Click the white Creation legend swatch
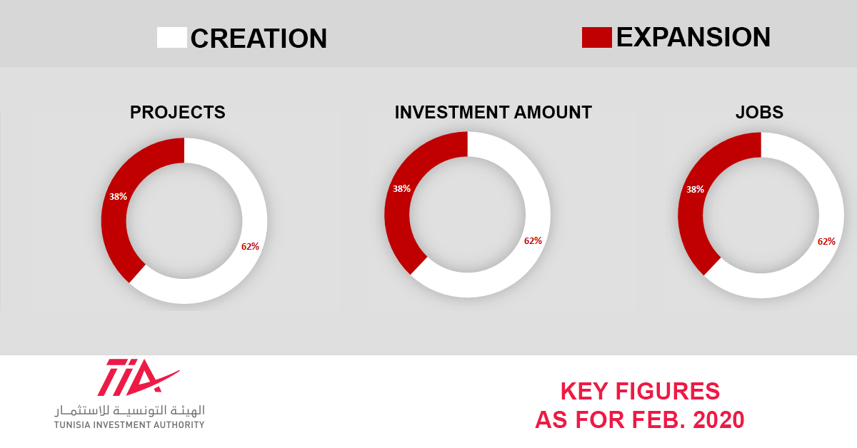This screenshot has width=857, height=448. tap(172, 38)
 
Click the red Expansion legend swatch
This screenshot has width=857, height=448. tap(596, 38)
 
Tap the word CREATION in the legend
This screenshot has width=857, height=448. tap(259, 39)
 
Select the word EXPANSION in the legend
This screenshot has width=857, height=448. tap(693, 38)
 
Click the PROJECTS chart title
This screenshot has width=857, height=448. tap(178, 113)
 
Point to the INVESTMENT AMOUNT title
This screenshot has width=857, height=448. tap(493, 113)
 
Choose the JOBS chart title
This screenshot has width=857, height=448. tap(759, 113)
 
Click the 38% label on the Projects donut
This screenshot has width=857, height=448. tap(118, 196)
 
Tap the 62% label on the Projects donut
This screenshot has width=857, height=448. tap(250, 247)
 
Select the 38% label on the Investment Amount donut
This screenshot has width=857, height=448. tap(401, 188)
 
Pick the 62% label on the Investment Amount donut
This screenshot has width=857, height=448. tap(533, 241)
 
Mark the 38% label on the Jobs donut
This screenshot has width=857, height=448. tap(695, 189)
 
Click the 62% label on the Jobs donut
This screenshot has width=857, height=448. tap(826, 242)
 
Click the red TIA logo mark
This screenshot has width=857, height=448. tap(139, 377)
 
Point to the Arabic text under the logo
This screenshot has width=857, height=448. tap(130, 410)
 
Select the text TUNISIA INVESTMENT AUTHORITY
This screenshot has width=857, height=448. tap(129, 425)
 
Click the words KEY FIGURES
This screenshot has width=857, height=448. tap(640, 392)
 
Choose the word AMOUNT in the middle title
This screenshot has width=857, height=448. tap(553, 113)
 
